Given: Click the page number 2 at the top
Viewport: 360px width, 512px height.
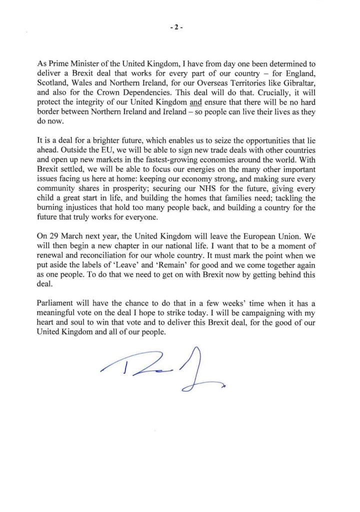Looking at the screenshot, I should click(x=179, y=28).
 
